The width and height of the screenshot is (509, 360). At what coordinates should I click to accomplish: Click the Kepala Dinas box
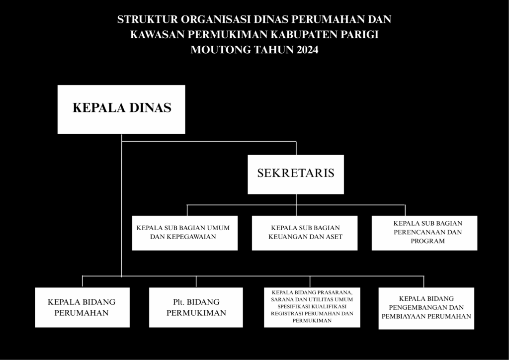tap(121, 109)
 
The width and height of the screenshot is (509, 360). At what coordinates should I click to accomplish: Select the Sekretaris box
tap(296, 175)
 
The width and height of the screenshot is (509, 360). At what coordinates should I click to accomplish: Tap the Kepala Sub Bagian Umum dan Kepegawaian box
tap(185, 233)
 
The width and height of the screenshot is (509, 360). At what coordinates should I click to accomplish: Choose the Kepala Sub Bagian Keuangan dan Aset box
tap(305, 233)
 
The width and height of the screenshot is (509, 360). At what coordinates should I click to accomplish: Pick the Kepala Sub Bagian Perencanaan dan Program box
tap(424, 233)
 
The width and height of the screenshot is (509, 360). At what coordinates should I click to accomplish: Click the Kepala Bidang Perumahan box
tap(83, 307)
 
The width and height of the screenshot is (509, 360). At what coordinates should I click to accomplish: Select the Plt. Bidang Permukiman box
tap(196, 307)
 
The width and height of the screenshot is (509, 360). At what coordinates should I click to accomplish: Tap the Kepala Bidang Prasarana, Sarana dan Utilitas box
tap(312, 307)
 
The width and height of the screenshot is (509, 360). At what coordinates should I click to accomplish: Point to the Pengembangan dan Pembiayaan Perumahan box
tap(426, 308)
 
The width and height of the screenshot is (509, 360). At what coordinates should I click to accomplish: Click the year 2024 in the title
tap(307, 50)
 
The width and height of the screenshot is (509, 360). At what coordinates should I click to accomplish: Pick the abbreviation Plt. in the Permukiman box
tap(179, 302)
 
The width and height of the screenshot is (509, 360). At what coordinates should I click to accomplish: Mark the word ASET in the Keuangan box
tap(334, 237)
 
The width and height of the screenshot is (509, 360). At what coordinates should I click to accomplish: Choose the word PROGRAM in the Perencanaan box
tap(427, 241)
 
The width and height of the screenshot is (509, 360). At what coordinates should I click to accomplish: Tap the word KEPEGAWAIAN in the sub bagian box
tap(190, 237)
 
